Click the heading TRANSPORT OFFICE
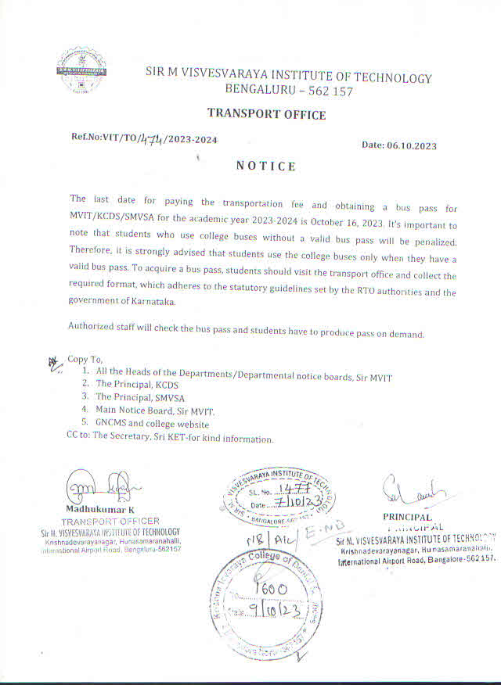266,115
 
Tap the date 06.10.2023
411,145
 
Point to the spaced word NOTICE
266,166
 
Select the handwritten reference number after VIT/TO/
149,139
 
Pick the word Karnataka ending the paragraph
148,301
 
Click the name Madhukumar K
101,511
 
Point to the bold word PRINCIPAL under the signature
407,517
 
